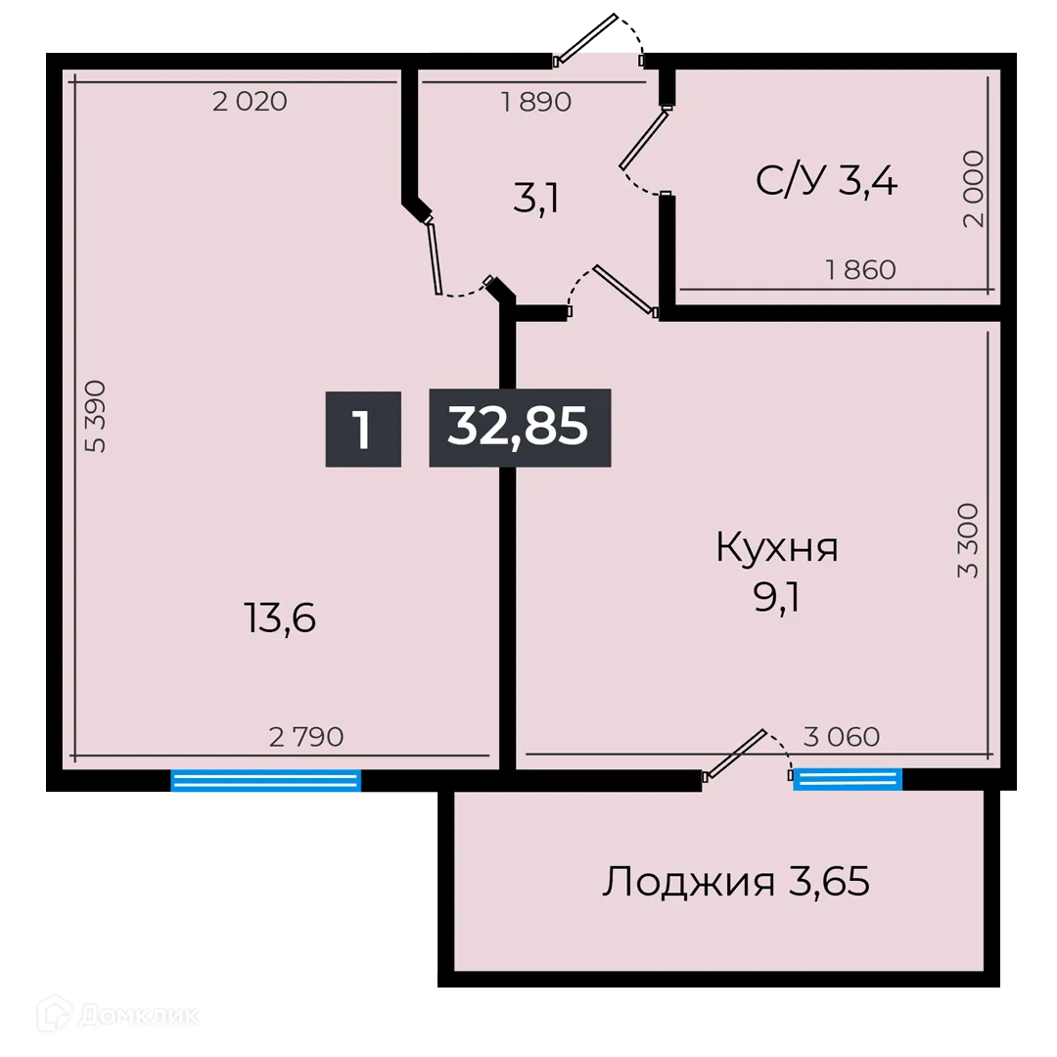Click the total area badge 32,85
click(x=520, y=428)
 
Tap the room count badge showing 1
click(x=363, y=429)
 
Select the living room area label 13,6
click(x=279, y=619)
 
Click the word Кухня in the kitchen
click(x=777, y=548)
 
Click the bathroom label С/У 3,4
click(x=826, y=181)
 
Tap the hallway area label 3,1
click(x=536, y=199)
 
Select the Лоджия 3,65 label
click(x=736, y=883)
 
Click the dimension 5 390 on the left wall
click(x=96, y=416)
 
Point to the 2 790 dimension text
click(x=306, y=737)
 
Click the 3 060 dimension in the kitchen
click(x=842, y=737)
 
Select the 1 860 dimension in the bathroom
click(x=861, y=270)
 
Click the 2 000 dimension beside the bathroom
click(x=973, y=189)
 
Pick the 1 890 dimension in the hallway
click(x=536, y=102)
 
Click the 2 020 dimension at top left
click(x=250, y=101)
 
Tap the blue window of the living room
click(x=266, y=780)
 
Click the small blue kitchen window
click(x=848, y=779)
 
